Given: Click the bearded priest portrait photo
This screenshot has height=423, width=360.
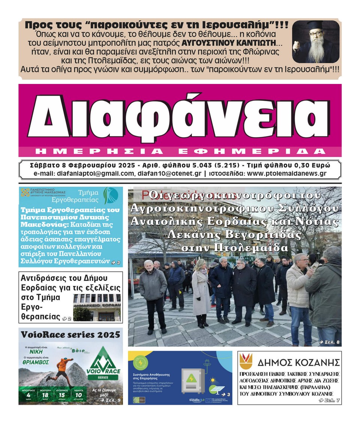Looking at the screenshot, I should point(316,42).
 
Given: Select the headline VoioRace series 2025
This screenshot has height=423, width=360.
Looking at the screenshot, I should point(70,334).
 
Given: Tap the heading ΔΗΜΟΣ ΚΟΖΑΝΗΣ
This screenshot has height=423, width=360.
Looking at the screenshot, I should point(298,362).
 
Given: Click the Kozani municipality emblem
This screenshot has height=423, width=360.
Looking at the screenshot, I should point(247,361).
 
